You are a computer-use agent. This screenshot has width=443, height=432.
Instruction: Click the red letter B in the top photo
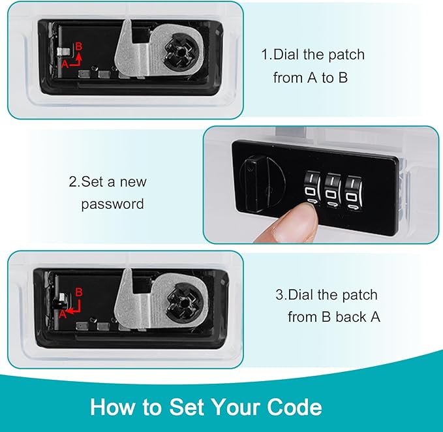pos(79,46)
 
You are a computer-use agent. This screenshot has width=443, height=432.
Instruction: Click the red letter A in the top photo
pos(65,64)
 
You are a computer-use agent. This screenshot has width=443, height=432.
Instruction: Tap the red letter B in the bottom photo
pos(80,292)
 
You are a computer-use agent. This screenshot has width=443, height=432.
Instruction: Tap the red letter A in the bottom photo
pos(63,313)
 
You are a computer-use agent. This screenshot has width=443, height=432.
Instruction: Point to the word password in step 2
pos(112,204)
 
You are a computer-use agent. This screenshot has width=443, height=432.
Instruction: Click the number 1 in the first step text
pos(265,54)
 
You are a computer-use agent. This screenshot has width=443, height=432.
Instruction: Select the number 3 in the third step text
pos(279,295)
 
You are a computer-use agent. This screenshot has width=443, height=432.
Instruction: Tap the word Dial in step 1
pos(286,54)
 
